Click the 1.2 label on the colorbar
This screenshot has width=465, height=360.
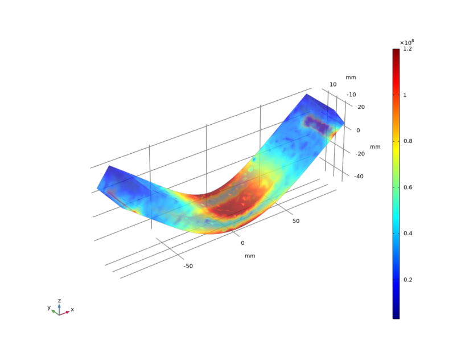408,49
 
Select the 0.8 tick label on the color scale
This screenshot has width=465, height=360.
408,141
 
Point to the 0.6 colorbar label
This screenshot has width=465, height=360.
408,187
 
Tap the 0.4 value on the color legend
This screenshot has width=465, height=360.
408,234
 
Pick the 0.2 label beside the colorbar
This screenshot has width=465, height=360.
408,280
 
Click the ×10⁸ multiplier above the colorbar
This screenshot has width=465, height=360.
406,43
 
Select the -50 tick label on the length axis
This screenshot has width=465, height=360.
188,266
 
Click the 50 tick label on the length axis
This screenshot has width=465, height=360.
295,221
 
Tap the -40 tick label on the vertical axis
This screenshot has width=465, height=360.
359,177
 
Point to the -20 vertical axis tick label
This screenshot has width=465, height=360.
360,154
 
